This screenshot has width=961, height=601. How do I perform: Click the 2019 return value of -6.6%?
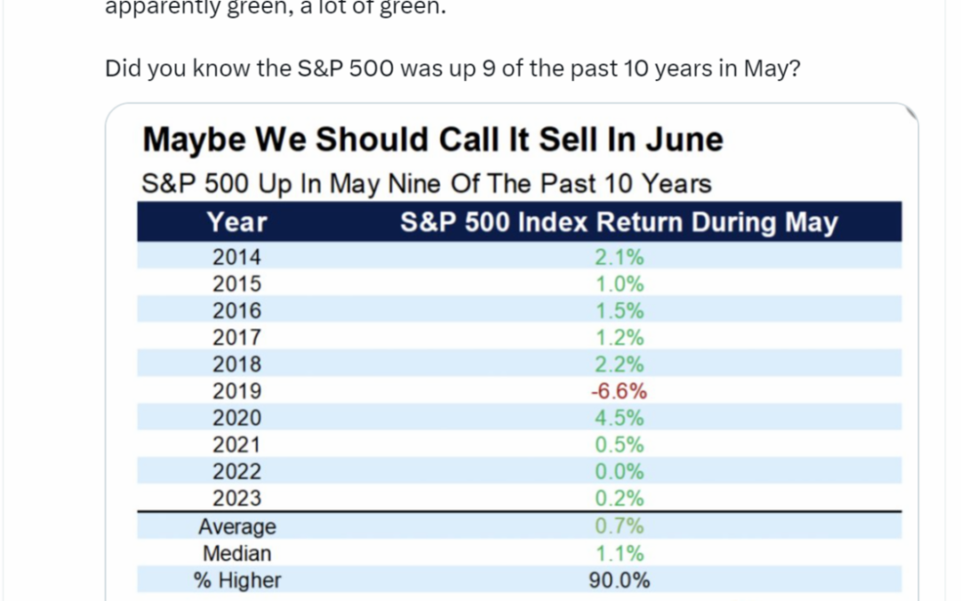(618, 391)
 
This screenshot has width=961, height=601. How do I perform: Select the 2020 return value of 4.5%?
(618, 418)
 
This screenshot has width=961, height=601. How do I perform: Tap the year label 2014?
(237, 257)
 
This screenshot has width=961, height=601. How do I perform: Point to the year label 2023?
(237, 498)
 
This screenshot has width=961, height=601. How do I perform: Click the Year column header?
(237, 222)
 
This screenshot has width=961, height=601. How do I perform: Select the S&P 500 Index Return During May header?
(618, 222)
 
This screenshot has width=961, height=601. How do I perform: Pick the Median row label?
(237, 554)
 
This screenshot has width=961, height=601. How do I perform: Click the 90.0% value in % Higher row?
(618, 581)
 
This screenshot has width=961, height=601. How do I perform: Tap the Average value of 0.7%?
(618, 527)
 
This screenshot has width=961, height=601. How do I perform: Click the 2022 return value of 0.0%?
(618, 471)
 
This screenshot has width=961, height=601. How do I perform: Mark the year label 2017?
(237, 337)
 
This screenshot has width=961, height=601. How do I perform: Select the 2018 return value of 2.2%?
(618, 364)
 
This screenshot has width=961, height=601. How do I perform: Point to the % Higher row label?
(237, 581)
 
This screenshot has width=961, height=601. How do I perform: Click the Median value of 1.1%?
(618, 554)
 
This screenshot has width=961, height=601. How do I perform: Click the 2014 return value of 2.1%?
(618, 257)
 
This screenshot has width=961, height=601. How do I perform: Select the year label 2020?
(237, 418)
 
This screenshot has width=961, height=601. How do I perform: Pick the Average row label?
(237, 527)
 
